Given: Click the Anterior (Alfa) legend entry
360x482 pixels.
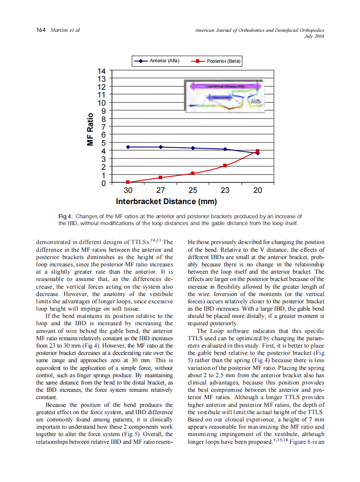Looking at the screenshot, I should (x=156, y=61).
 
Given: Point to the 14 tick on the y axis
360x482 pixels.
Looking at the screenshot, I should (x=102, y=71).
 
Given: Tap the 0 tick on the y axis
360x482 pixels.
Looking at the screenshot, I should (x=103, y=183).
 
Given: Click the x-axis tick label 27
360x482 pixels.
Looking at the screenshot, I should (x=160, y=191).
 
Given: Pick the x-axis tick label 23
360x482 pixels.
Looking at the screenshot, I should (x=225, y=191).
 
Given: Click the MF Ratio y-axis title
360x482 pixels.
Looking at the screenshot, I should (x=91, y=129).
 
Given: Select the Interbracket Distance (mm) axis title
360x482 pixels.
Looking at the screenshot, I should (x=166, y=201).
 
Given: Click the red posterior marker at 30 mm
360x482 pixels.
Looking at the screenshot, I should (x=128, y=182).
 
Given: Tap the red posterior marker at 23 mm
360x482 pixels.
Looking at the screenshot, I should (x=225, y=165).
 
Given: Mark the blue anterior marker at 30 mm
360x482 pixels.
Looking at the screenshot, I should (x=128, y=147).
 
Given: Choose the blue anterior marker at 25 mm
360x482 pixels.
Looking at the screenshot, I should (x=193, y=148).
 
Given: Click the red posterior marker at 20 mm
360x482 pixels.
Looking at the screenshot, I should (x=258, y=151).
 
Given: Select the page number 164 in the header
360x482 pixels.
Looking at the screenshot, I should (x=41, y=31).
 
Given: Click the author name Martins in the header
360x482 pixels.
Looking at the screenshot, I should (x=59, y=31).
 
